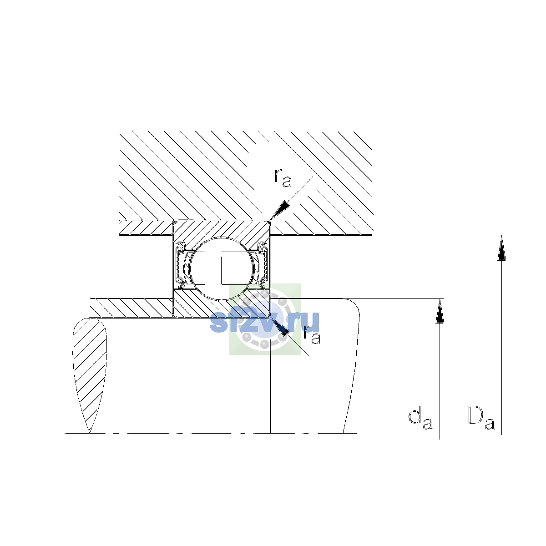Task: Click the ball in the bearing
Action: click(222, 268)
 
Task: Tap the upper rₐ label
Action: click(283, 178)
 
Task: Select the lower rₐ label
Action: click(312, 335)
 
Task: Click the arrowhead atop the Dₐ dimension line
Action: click(501, 248)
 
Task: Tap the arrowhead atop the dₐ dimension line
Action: click(440, 311)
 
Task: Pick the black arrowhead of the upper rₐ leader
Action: click(280, 211)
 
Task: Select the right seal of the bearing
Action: click(263, 265)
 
